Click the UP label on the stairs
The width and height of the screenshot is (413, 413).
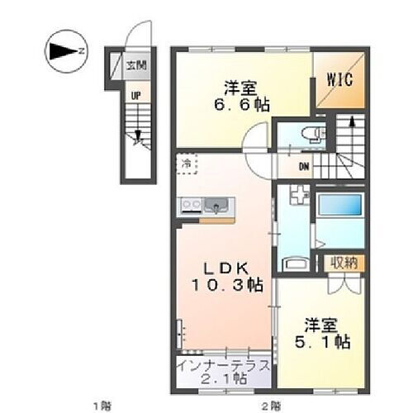tap(132, 95)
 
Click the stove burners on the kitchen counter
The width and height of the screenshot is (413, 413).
tap(189, 205)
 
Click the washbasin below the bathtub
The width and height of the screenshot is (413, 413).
tap(295, 263)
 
